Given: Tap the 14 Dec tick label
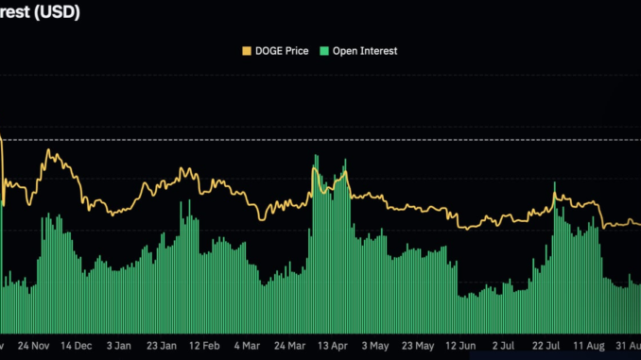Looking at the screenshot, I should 78,345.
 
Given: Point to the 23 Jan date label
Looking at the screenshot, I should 164,345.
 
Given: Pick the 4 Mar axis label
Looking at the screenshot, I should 248,345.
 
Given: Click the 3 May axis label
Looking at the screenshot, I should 375,345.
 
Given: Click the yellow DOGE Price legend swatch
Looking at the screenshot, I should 248,50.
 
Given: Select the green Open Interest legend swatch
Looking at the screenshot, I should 326,50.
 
